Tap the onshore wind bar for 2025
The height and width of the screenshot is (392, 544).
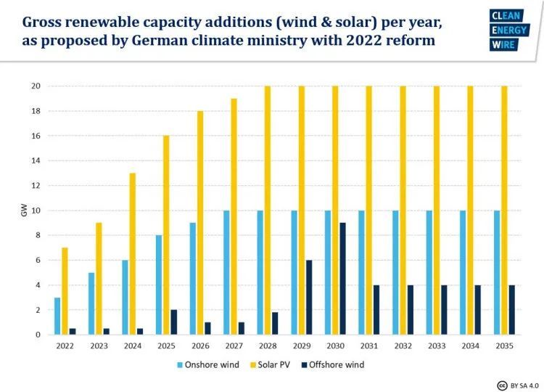(x=159, y=285)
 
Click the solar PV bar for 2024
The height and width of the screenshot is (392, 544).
(x=132, y=254)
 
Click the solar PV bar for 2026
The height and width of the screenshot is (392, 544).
(x=199, y=223)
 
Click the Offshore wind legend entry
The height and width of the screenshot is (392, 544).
(x=326, y=364)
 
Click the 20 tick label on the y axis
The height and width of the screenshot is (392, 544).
(x=33, y=86)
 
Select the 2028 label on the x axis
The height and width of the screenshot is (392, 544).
(x=268, y=346)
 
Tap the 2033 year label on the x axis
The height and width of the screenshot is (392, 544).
(x=437, y=346)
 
